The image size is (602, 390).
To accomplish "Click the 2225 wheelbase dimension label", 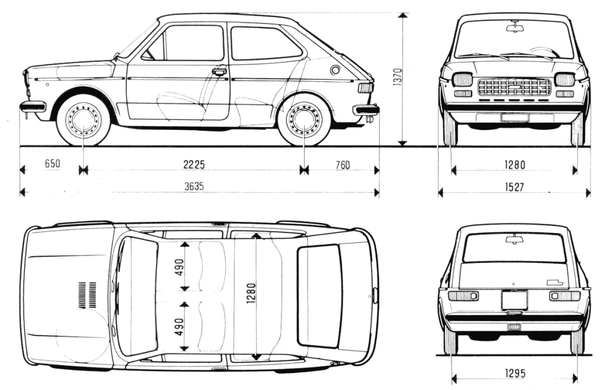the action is tap(194, 165).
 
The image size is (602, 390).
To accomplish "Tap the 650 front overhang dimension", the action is tap(52, 164).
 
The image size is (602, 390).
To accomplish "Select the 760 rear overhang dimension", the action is tap(343, 165).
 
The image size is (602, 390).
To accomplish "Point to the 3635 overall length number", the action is tap(194, 186).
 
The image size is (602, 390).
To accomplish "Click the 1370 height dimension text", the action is tap(397, 77).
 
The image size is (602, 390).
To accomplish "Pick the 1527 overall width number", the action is tap(514, 187).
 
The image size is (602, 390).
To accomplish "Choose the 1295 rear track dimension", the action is tap(515, 373).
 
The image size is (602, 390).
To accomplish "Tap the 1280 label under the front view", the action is tap(514, 165).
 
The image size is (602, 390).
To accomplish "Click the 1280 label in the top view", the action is tap(251, 294).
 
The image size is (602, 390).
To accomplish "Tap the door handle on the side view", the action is tap(219, 71).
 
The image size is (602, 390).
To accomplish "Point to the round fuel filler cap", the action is tap(335, 71).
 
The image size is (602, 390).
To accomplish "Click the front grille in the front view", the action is tap(514, 87).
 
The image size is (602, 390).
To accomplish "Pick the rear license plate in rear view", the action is tap(514, 300).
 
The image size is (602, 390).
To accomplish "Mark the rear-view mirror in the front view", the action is tap(514, 27).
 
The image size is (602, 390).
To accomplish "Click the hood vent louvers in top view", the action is tap(87, 295).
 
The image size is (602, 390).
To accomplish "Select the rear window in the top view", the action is tap(319, 296).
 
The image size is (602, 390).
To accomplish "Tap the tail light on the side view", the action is tap(365, 88).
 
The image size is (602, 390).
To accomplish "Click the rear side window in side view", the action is tap(265, 43).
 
